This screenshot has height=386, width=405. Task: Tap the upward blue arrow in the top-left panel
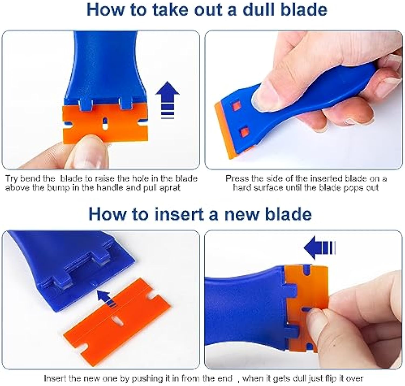[x=167, y=100]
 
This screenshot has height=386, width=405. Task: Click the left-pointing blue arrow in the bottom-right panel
[x=319, y=248]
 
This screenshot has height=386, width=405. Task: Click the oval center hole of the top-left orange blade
[x=105, y=123]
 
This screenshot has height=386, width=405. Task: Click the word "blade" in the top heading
[x=304, y=10]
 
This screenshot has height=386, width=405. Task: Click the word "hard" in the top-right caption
[x=241, y=188]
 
